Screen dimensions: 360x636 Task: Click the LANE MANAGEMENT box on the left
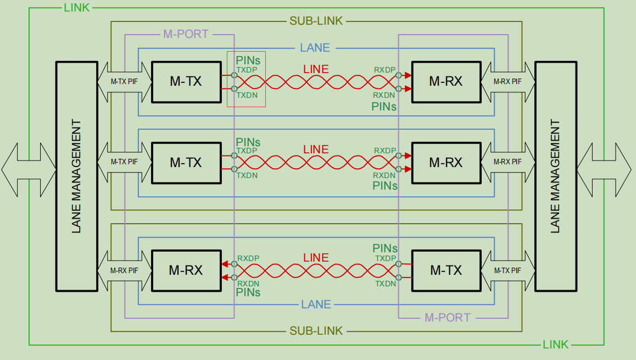pyautogui.click(x=76, y=176)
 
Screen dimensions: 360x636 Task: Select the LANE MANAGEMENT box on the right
pyautogui.click(x=555, y=176)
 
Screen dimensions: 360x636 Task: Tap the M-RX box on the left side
pyautogui.click(x=186, y=270)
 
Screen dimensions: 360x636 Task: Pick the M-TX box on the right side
pyautogui.click(x=445, y=270)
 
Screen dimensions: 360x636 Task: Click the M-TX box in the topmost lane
pyautogui.click(x=186, y=82)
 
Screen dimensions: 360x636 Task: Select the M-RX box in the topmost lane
pyautogui.click(x=445, y=82)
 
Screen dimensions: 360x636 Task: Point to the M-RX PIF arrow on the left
pyautogui.click(x=124, y=270)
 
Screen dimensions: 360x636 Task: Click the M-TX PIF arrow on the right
pyautogui.click(x=508, y=270)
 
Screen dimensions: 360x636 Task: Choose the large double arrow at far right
pyautogui.click(x=604, y=169)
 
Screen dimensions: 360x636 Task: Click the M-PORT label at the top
pyautogui.click(x=186, y=34)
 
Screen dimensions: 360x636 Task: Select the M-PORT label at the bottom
pyautogui.click(x=448, y=318)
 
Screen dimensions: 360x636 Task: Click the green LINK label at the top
pyautogui.click(x=77, y=8)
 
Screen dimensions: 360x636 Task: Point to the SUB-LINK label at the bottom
pyautogui.click(x=316, y=331)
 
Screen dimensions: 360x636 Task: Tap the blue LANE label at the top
pyautogui.click(x=315, y=48)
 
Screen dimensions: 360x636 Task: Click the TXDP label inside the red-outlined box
pyautogui.click(x=247, y=70)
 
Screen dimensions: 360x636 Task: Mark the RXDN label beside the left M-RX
pyautogui.click(x=248, y=283)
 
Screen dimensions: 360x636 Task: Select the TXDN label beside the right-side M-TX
pyautogui.click(x=386, y=284)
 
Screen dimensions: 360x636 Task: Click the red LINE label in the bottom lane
pyautogui.click(x=316, y=258)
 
